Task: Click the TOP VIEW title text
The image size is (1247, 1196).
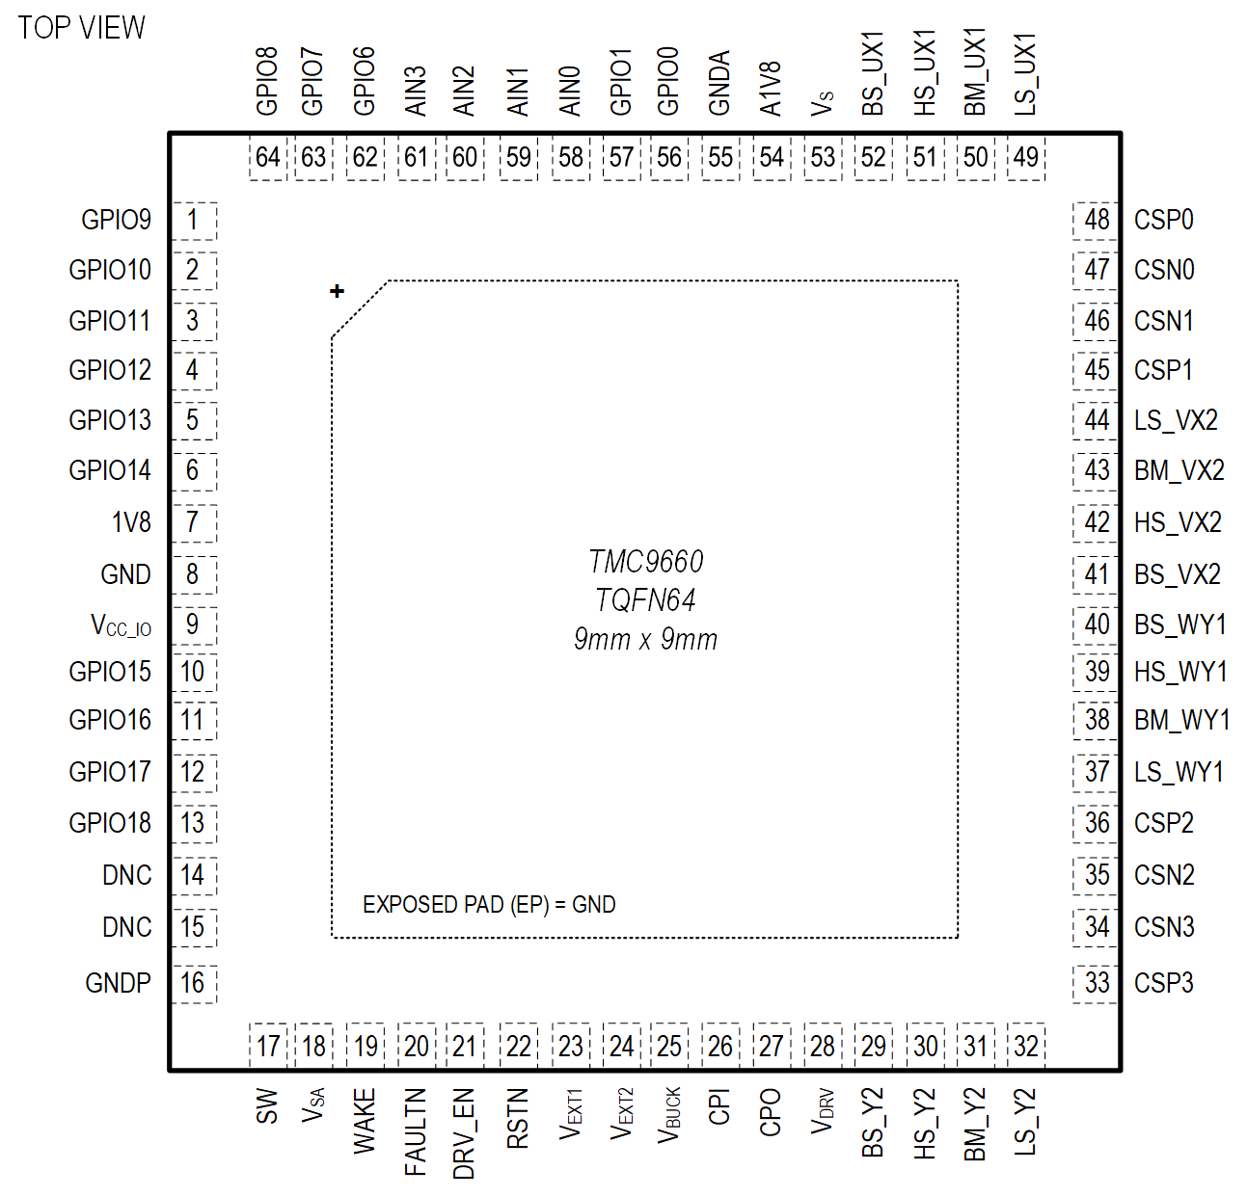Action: pos(81,28)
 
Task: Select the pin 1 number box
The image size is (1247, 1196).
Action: pos(193,221)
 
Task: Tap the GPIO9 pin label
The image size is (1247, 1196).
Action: pos(116,221)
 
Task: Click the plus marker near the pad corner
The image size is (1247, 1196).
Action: pos(337,290)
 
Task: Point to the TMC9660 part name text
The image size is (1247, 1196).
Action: pos(645,561)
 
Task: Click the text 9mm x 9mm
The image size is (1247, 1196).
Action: pos(645,639)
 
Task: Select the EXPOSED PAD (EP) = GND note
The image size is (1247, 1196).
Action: pos(489,904)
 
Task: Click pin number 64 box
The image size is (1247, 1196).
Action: pos(268,157)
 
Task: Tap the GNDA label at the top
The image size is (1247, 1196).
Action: pos(719,84)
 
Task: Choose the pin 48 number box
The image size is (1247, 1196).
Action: pos(1097,221)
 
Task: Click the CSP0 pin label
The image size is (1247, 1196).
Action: pos(1163,221)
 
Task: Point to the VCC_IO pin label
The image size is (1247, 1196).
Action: pos(121,625)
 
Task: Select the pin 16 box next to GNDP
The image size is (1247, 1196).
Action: pos(193,983)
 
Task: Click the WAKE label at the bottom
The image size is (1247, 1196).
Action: pos(365,1121)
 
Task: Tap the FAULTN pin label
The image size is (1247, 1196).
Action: pos(416,1131)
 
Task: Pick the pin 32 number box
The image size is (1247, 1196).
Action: pos(1026,1047)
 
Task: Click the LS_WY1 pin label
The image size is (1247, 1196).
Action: pos(1179,772)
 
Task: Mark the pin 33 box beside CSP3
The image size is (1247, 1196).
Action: pos(1097,983)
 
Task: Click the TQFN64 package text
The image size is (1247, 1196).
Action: pos(645,600)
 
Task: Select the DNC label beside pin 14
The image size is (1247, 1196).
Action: pos(127,875)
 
